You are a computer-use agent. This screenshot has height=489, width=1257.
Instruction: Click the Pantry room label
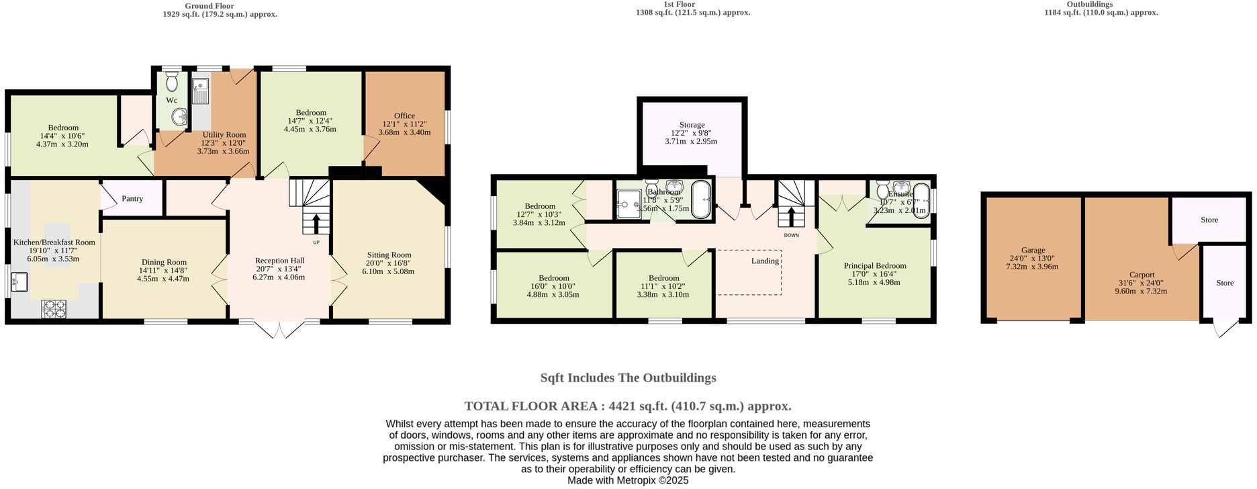132,199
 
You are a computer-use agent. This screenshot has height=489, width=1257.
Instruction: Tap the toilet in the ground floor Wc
173,83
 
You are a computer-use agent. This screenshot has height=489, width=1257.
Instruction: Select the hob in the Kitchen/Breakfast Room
54,308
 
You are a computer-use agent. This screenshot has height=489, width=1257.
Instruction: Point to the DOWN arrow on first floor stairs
791,216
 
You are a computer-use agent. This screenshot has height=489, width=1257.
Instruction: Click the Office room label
404,116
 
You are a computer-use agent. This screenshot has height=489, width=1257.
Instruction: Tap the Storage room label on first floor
692,125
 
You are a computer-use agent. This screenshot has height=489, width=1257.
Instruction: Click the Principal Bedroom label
874,266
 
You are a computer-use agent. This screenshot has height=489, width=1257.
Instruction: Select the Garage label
1033,250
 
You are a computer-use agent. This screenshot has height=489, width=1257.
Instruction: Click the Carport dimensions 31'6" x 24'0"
1142,283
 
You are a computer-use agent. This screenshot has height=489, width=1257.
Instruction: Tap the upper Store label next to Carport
1209,220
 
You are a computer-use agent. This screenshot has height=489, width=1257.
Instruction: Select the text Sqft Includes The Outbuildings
628,377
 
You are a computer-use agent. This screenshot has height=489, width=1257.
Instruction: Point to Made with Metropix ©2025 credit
628,480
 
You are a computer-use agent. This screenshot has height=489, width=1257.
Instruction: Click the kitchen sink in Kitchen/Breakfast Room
19,281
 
